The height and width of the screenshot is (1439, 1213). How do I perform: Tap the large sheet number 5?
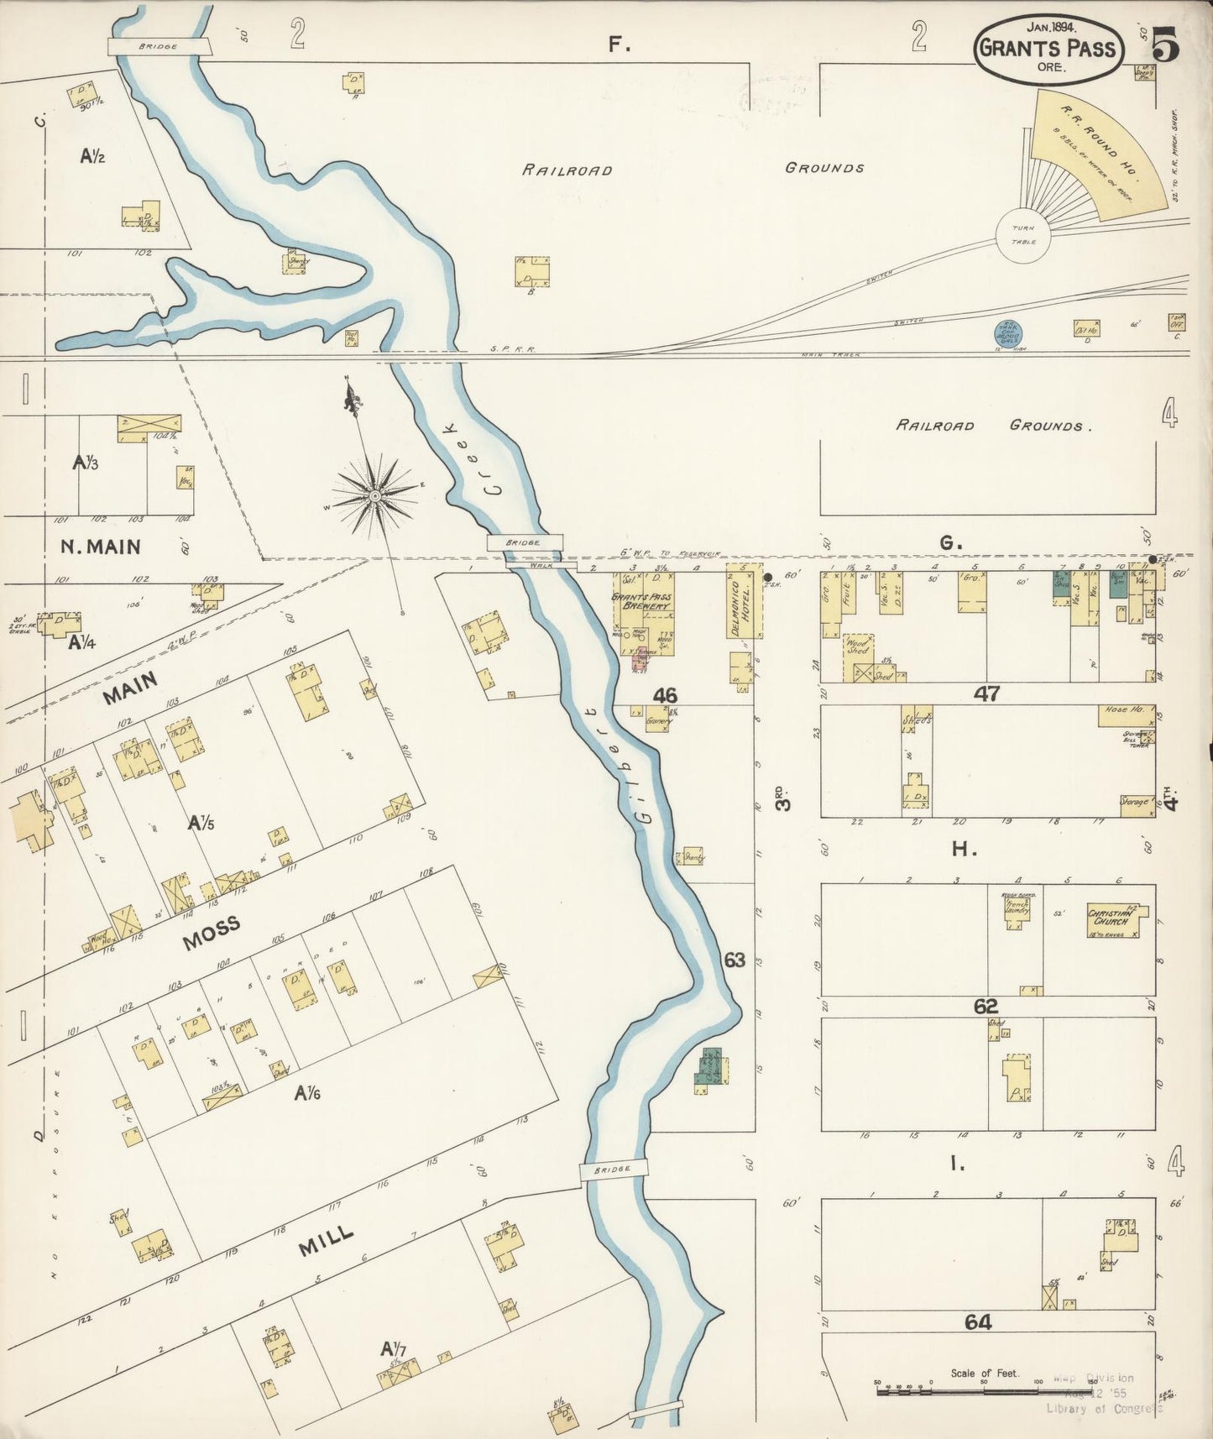point(1165,44)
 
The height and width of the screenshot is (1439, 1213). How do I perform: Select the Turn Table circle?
point(1023,234)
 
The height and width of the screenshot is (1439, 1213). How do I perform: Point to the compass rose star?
point(375,494)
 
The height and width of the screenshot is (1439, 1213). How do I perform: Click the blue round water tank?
point(1007,332)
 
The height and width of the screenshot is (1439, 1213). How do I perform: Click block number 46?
point(665,695)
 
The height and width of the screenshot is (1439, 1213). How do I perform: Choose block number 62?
point(986,1006)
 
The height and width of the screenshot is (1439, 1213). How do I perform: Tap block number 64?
point(978,1322)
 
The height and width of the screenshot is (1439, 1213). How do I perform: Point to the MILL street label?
point(326,1242)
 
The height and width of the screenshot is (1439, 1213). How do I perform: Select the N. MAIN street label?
point(101,547)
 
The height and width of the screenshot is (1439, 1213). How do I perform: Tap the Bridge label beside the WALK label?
point(525,543)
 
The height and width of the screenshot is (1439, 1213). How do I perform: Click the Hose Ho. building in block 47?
point(1126,715)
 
